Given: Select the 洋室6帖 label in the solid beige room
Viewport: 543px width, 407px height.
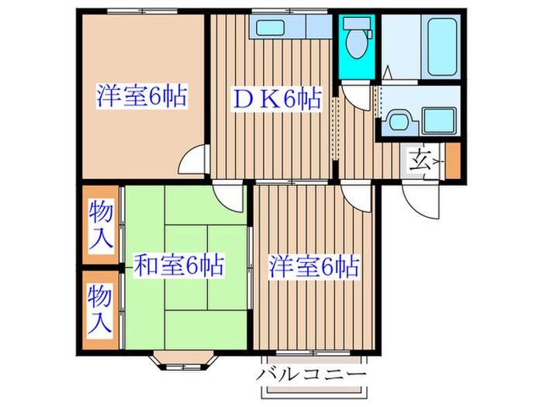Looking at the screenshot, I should tap(141, 98).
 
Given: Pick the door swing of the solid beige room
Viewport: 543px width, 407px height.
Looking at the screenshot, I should tap(192, 164).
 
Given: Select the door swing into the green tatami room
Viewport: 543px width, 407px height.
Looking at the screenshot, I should tap(230, 196).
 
